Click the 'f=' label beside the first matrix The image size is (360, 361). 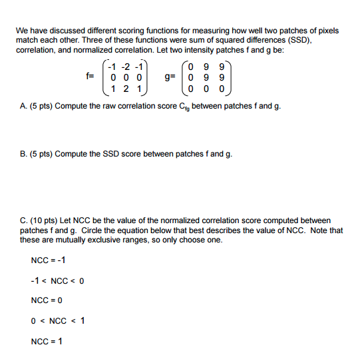(89, 77)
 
